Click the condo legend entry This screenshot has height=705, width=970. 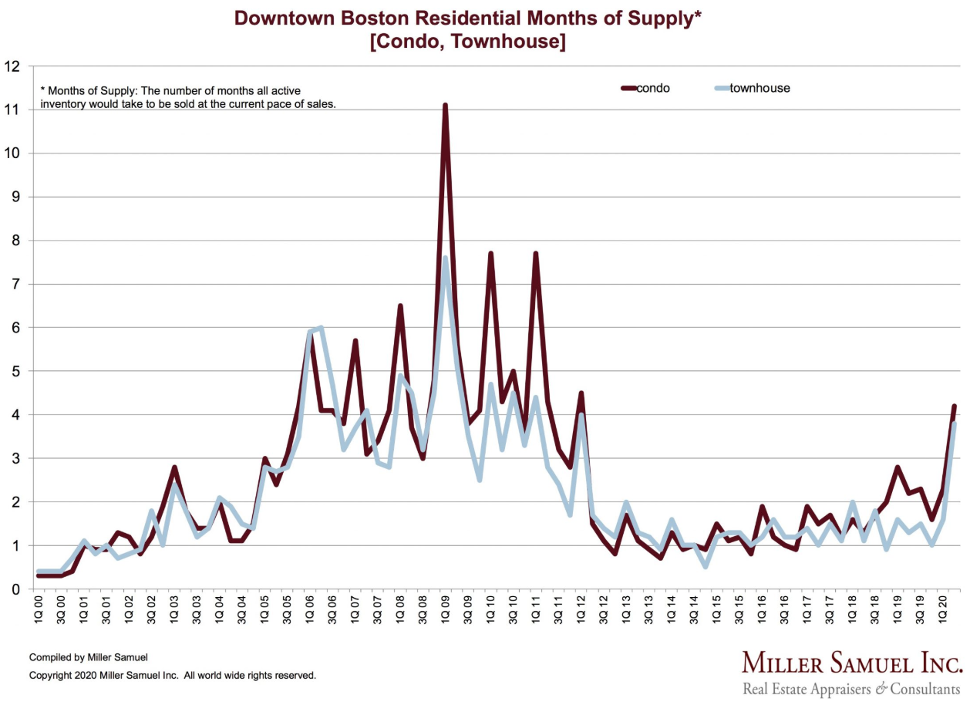(653, 88)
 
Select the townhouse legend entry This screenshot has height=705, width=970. (759, 88)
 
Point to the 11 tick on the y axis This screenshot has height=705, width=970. (12, 110)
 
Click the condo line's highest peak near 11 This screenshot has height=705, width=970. (445, 106)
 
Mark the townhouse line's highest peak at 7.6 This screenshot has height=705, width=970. (445, 258)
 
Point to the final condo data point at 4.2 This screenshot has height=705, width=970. (954, 406)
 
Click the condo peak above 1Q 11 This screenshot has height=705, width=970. (535, 254)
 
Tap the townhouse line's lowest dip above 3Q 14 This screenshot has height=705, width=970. (705, 567)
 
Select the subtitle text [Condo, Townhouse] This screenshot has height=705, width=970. (467, 42)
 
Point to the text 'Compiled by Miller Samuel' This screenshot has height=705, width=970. (88, 657)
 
